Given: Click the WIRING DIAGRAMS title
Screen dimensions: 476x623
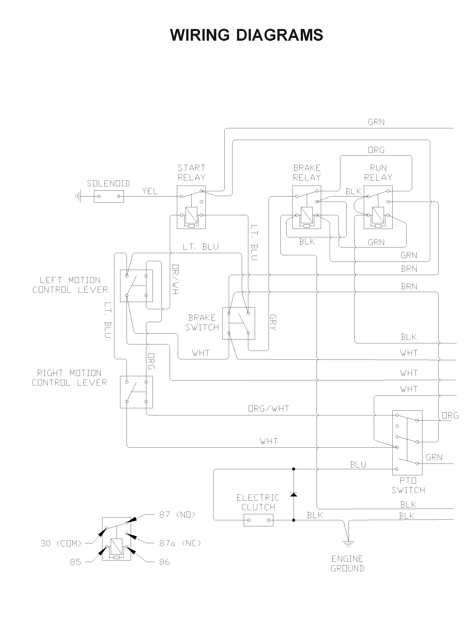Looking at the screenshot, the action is tap(247, 35).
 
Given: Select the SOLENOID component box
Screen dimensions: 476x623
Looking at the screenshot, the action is tap(109, 196).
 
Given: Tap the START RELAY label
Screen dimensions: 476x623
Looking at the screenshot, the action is tap(191, 172).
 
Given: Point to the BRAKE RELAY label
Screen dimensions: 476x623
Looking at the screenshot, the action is tap(307, 172).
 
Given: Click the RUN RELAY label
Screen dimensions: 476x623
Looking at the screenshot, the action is tap(378, 172).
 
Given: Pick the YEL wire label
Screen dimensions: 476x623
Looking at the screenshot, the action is tap(150, 191).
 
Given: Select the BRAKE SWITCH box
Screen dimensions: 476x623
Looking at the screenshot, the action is tap(239, 323).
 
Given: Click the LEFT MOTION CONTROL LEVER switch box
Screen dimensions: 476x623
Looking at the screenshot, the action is tap(136, 286).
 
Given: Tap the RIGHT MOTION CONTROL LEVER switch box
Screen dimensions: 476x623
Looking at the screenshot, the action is tap(136, 392).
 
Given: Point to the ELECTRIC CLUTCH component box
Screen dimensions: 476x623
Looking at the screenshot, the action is tap(258, 520).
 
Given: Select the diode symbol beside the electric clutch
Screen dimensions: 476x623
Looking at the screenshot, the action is tap(294, 495).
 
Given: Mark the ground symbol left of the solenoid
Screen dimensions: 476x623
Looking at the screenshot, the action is tap(78, 196).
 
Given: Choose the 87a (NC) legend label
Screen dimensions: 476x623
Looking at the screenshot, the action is tap(180, 543).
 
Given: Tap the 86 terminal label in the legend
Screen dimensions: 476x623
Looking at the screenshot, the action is tap(165, 562).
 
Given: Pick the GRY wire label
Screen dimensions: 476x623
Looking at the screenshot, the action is tap(273, 322).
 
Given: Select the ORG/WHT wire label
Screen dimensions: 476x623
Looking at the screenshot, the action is tap(269, 409).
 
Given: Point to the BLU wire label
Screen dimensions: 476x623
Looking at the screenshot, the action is tap(358, 464).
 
